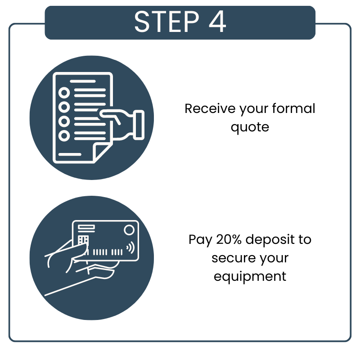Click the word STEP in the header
[x=166, y=22]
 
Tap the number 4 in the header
[x=217, y=22]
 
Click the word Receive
[x=210, y=108]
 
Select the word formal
[x=294, y=108]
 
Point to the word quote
[x=250, y=128]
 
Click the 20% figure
[x=229, y=239]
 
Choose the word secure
[x=234, y=258]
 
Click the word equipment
[x=250, y=277]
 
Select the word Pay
[x=200, y=240]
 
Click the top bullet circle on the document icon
[x=64, y=93]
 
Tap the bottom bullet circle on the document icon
[x=64, y=136]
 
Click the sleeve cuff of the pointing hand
[x=139, y=125]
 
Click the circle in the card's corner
[x=129, y=230]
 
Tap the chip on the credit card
[x=83, y=240]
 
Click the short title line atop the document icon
[x=83, y=81]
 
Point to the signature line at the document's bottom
[x=70, y=154]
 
